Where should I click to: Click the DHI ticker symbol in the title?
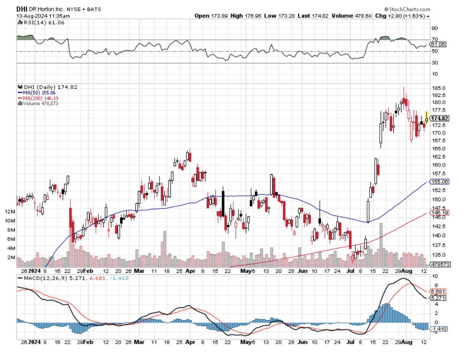(22, 9)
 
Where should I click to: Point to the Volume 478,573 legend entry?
(39, 103)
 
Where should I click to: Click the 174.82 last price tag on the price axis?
(440, 119)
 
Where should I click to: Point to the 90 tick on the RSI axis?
(435, 28)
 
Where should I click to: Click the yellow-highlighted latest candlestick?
(426, 118)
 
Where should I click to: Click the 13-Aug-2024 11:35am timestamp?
(43, 16)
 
